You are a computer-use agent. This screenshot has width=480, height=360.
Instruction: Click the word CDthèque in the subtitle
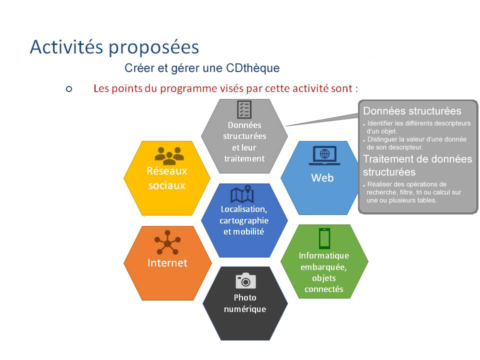point(252,68)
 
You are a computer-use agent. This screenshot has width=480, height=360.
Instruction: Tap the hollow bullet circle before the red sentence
point(69,89)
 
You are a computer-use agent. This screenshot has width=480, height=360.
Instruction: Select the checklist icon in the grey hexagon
point(244,109)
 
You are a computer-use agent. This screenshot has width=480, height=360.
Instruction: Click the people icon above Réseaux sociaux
point(169,156)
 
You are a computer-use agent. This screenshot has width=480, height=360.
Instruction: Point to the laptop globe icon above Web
point(324,155)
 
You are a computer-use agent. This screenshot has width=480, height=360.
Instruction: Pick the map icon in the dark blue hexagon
point(242,194)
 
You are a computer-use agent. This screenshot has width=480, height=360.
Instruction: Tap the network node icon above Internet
point(167,242)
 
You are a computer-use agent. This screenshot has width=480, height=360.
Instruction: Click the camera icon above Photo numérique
point(245,280)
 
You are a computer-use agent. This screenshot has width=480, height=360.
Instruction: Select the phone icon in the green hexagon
point(324,238)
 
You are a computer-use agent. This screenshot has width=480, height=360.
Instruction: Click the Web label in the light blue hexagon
point(322,178)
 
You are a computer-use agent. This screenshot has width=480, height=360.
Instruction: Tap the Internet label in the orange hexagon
point(167,263)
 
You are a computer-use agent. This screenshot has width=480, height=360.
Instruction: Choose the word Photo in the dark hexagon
point(245,297)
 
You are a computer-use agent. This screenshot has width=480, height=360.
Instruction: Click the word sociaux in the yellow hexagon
point(167,185)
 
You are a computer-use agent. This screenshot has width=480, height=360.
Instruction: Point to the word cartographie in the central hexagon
point(244,220)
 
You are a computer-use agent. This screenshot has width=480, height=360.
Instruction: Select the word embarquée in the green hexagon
point(323,267)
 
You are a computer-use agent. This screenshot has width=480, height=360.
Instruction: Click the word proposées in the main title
point(153,48)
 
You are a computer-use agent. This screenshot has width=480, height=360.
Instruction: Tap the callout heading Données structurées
point(412,111)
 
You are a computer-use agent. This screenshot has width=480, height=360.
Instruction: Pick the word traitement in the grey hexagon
point(244,158)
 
